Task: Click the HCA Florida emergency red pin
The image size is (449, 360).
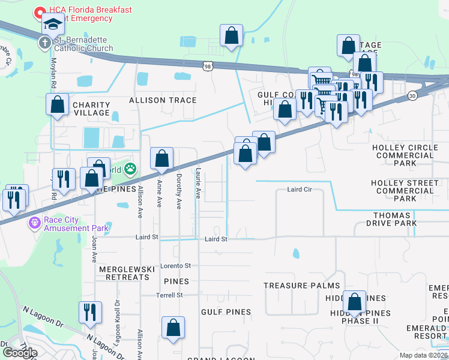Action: [40, 12]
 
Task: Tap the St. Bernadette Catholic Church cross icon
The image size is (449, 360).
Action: [44, 43]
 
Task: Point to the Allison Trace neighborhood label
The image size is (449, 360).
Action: [162, 100]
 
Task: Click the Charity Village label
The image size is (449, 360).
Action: [91, 109]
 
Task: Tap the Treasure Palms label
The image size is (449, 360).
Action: [301, 286]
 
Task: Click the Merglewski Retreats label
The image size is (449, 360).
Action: [124, 273]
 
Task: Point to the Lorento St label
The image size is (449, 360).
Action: [175, 265]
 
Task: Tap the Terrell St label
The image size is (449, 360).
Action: [170, 295]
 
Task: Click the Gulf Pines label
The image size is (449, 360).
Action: [226, 312]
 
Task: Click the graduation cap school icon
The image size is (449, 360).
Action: [53, 25]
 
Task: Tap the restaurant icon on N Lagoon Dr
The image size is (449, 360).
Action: [90, 312]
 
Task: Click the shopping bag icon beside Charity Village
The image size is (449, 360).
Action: [57, 104]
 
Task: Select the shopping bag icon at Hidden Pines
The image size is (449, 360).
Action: [354, 302]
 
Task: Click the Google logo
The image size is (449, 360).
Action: [20, 352]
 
